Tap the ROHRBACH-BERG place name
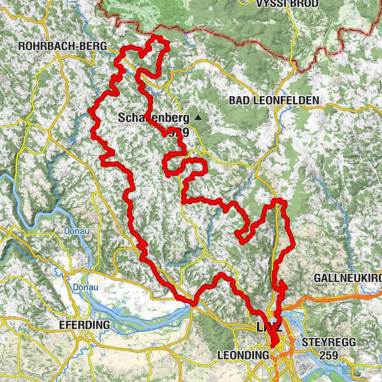coord(59,46)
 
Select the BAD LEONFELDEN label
coord(274,101)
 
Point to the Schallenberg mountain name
coord(153,118)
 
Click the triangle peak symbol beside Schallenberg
coord(199,118)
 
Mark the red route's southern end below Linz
coord(273,348)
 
